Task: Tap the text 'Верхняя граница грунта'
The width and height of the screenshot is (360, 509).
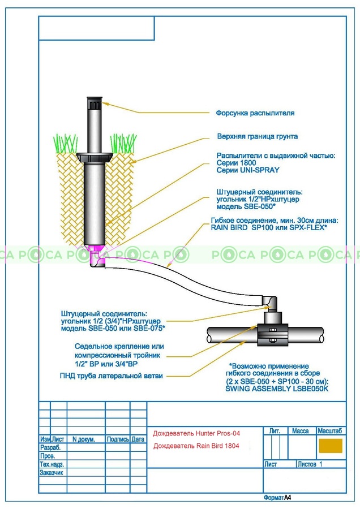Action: click(x=258, y=137)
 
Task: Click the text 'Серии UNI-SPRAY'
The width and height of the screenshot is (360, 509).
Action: click(x=248, y=170)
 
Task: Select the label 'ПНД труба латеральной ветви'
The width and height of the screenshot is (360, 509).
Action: click(x=111, y=376)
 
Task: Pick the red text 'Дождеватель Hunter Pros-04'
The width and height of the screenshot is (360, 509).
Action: click(x=196, y=434)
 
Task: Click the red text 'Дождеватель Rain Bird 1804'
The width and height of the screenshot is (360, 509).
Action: click(x=196, y=446)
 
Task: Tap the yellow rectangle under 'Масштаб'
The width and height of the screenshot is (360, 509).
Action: click(x=331, y=446)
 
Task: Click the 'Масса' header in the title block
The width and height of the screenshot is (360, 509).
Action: click(x=300, y=431)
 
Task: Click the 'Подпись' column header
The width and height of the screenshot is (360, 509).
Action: click(x=118, y=439)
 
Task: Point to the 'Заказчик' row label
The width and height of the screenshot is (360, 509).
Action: click(x=52, y=472)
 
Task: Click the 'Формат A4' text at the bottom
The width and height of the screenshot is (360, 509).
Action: click(x=277, y=498)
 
